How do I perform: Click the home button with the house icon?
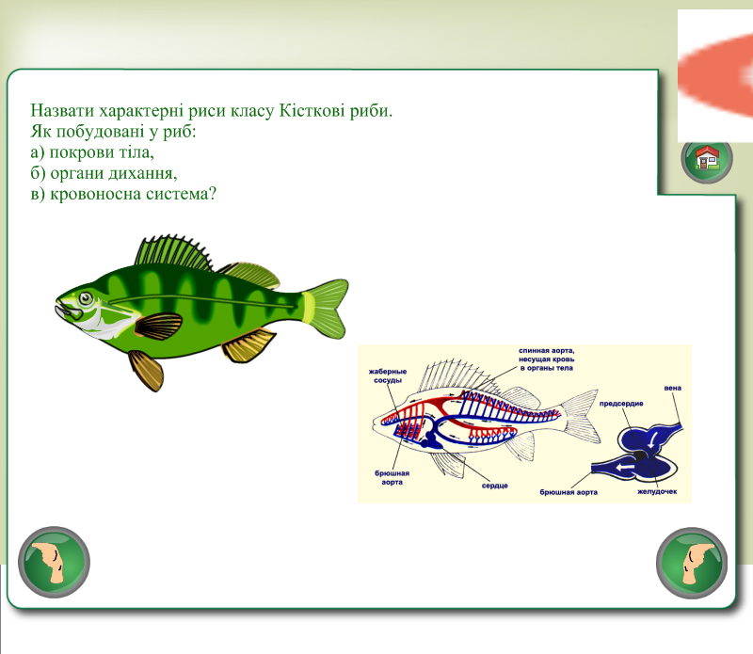click(707, 158)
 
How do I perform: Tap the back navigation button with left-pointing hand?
click(54, 563)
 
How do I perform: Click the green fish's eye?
click(86, 298)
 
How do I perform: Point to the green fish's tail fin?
click(326, 309)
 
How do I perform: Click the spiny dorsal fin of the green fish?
click(173, 251)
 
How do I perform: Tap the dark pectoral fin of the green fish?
click(158, 326)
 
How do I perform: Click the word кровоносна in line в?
click(96, 194)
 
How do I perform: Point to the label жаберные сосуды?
click(388, 375)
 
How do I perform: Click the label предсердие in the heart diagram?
click(621, 404)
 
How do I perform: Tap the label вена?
click(672, 388)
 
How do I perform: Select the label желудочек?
click(657, 491)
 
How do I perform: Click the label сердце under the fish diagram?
click(495, 486)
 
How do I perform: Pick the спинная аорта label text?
click(547, 359)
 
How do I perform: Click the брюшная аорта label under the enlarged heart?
click(569, 492)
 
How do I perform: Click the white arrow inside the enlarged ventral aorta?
click(625, 468)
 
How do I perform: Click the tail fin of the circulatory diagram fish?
click(581, 416)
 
